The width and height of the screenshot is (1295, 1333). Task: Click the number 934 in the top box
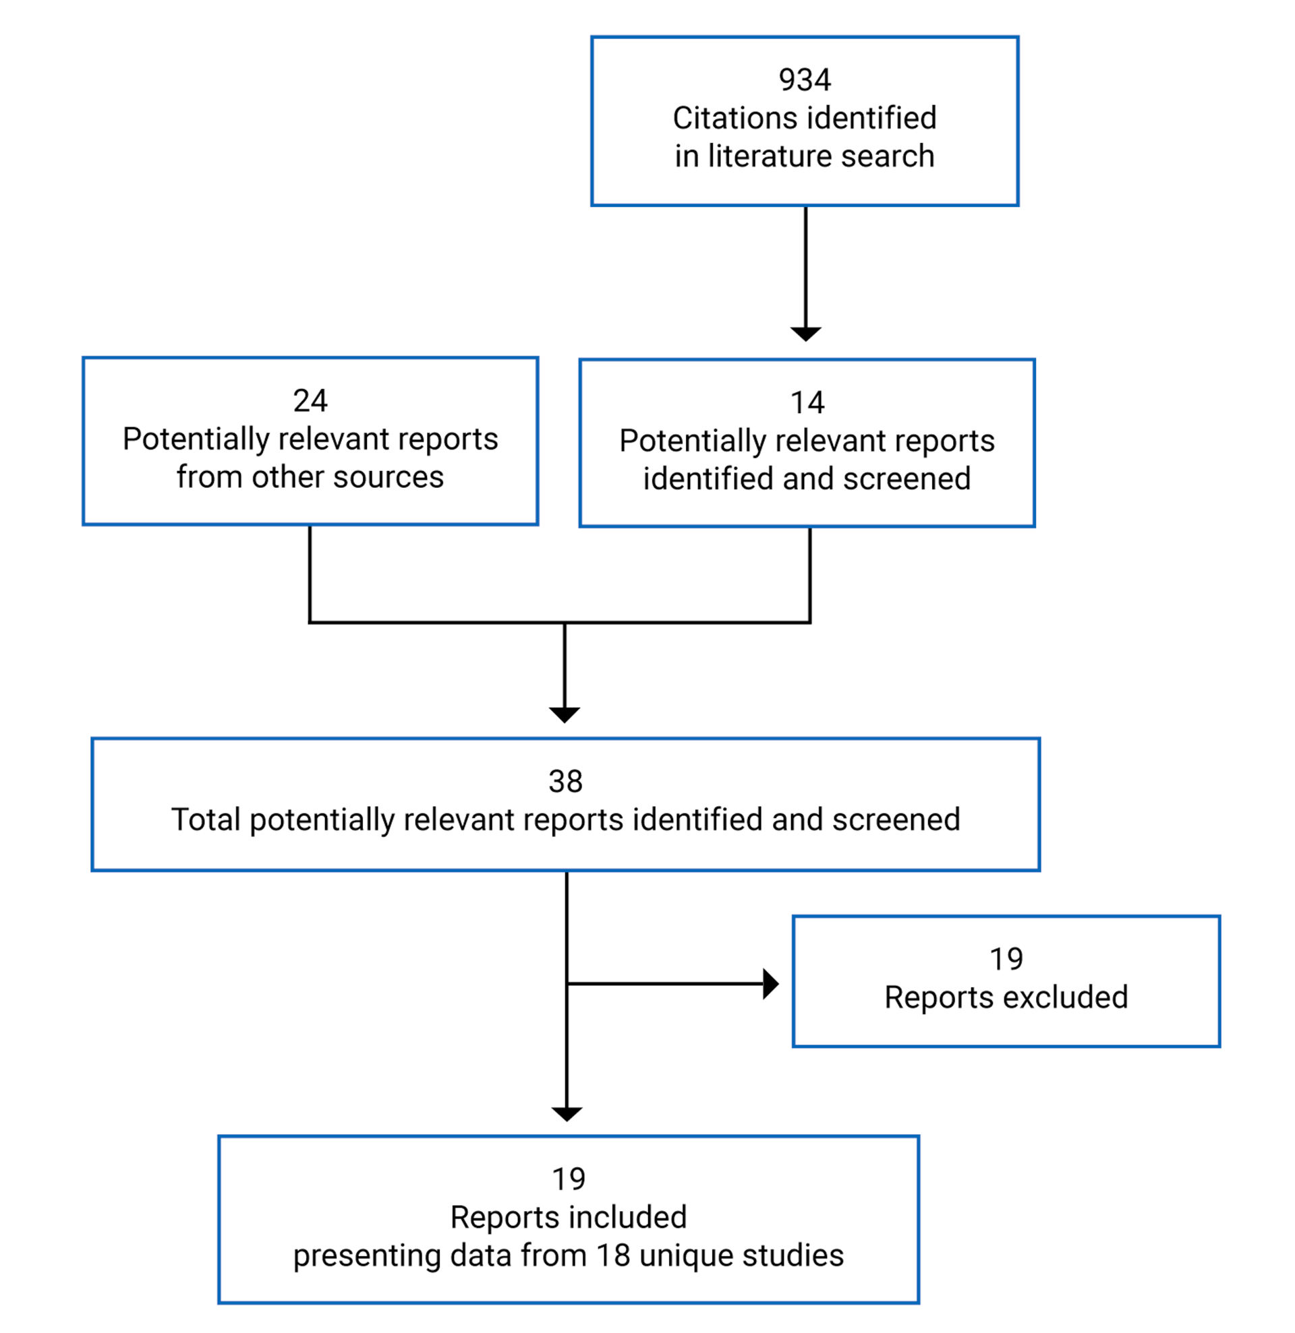pos(805,80)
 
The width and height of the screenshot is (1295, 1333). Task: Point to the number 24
pos(310,400)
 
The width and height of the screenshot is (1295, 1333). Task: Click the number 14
pos(807,402)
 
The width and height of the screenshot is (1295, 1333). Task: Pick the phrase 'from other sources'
pos(310,476)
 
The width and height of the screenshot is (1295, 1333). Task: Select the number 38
pos(565,782)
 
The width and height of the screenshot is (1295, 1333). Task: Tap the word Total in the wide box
pos(206,819)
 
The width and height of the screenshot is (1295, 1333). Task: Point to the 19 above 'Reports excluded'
pos(1006,960)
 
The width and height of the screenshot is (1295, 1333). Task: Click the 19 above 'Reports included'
pos(568,1179)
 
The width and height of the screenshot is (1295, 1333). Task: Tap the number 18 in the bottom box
pos(612,1255)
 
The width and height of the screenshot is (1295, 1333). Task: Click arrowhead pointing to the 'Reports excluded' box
pos(770,983)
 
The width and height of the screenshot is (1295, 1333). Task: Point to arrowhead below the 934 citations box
pos(806,333)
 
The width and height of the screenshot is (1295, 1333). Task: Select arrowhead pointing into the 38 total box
pos(565,714)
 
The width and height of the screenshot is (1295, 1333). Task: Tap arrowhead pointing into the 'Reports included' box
pos(567,1113)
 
